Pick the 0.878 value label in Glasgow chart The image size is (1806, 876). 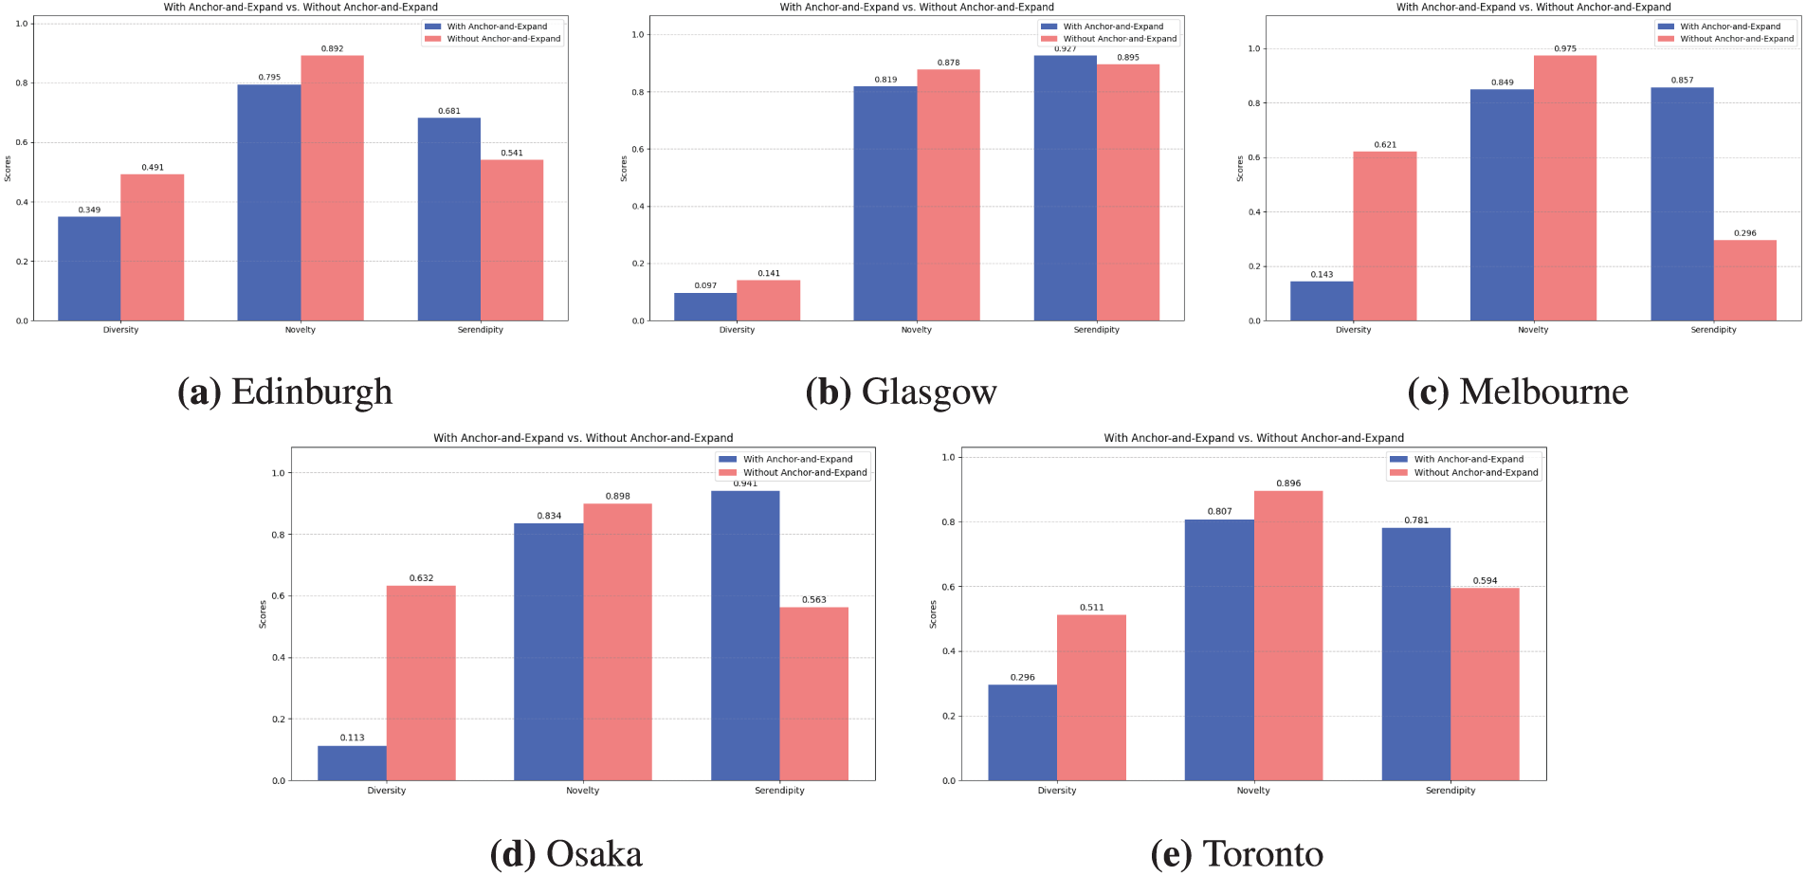click(948, 63)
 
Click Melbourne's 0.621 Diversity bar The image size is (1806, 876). click(1384, 236)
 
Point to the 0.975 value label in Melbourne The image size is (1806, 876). click(1565, 48)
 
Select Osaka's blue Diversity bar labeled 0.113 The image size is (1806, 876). click(352, 763)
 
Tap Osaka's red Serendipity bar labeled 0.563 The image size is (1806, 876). click(813, 694)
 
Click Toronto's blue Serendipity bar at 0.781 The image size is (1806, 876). click(1415, 654)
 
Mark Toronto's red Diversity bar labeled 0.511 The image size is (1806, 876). click(1091, 698)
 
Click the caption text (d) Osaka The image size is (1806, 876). click(566, 854)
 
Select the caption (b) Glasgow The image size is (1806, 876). click(901, 392)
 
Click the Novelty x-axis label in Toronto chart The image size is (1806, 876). click(1253, 790)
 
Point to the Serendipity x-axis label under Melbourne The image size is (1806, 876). click(1713, 330)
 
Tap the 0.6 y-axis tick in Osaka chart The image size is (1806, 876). click(278, 596)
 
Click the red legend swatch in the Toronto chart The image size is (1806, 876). click(1398, 472)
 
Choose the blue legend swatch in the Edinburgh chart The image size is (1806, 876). click(433, 27)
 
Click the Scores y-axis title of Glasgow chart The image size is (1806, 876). click(624, 169)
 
